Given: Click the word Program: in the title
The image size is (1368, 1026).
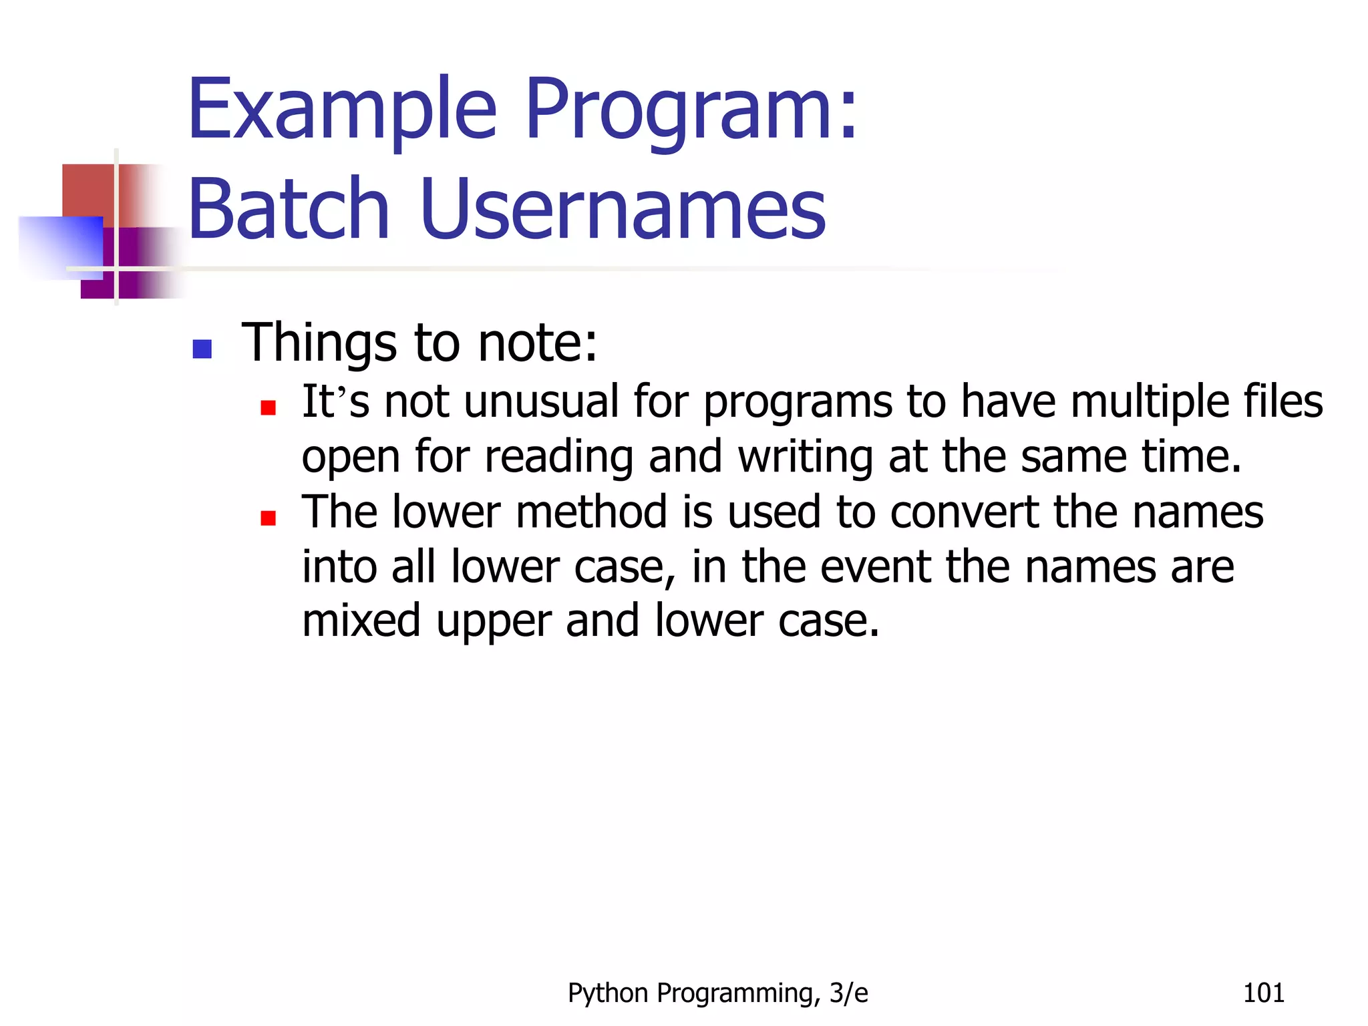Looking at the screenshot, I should [x=691, y=110].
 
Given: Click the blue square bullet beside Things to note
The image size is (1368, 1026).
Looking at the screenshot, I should [x=202, y=349].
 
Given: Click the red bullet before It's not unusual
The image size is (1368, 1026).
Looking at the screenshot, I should [x=268, y=407].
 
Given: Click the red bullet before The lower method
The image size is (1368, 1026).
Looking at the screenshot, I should [x=268, y=518].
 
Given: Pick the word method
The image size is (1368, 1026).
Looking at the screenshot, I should [x=591, y=513].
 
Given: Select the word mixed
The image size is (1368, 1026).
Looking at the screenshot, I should [x=361, y=621].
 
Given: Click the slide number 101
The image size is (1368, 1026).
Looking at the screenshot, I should [x=1263, y=993].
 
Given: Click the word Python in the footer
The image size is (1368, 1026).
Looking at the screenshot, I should [x=608, y=994].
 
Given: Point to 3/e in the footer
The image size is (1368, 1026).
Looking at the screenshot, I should [x=848, y=993].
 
